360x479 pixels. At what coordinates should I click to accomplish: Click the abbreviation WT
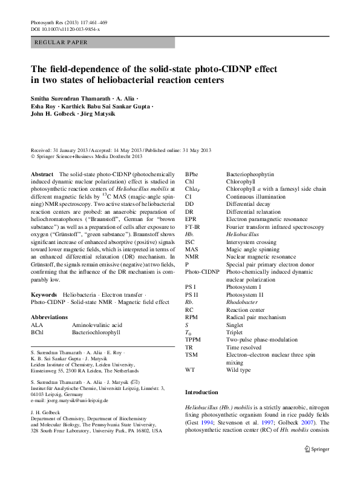[x=190, y=369]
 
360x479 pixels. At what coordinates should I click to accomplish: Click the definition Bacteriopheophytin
[x=247, y=173]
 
